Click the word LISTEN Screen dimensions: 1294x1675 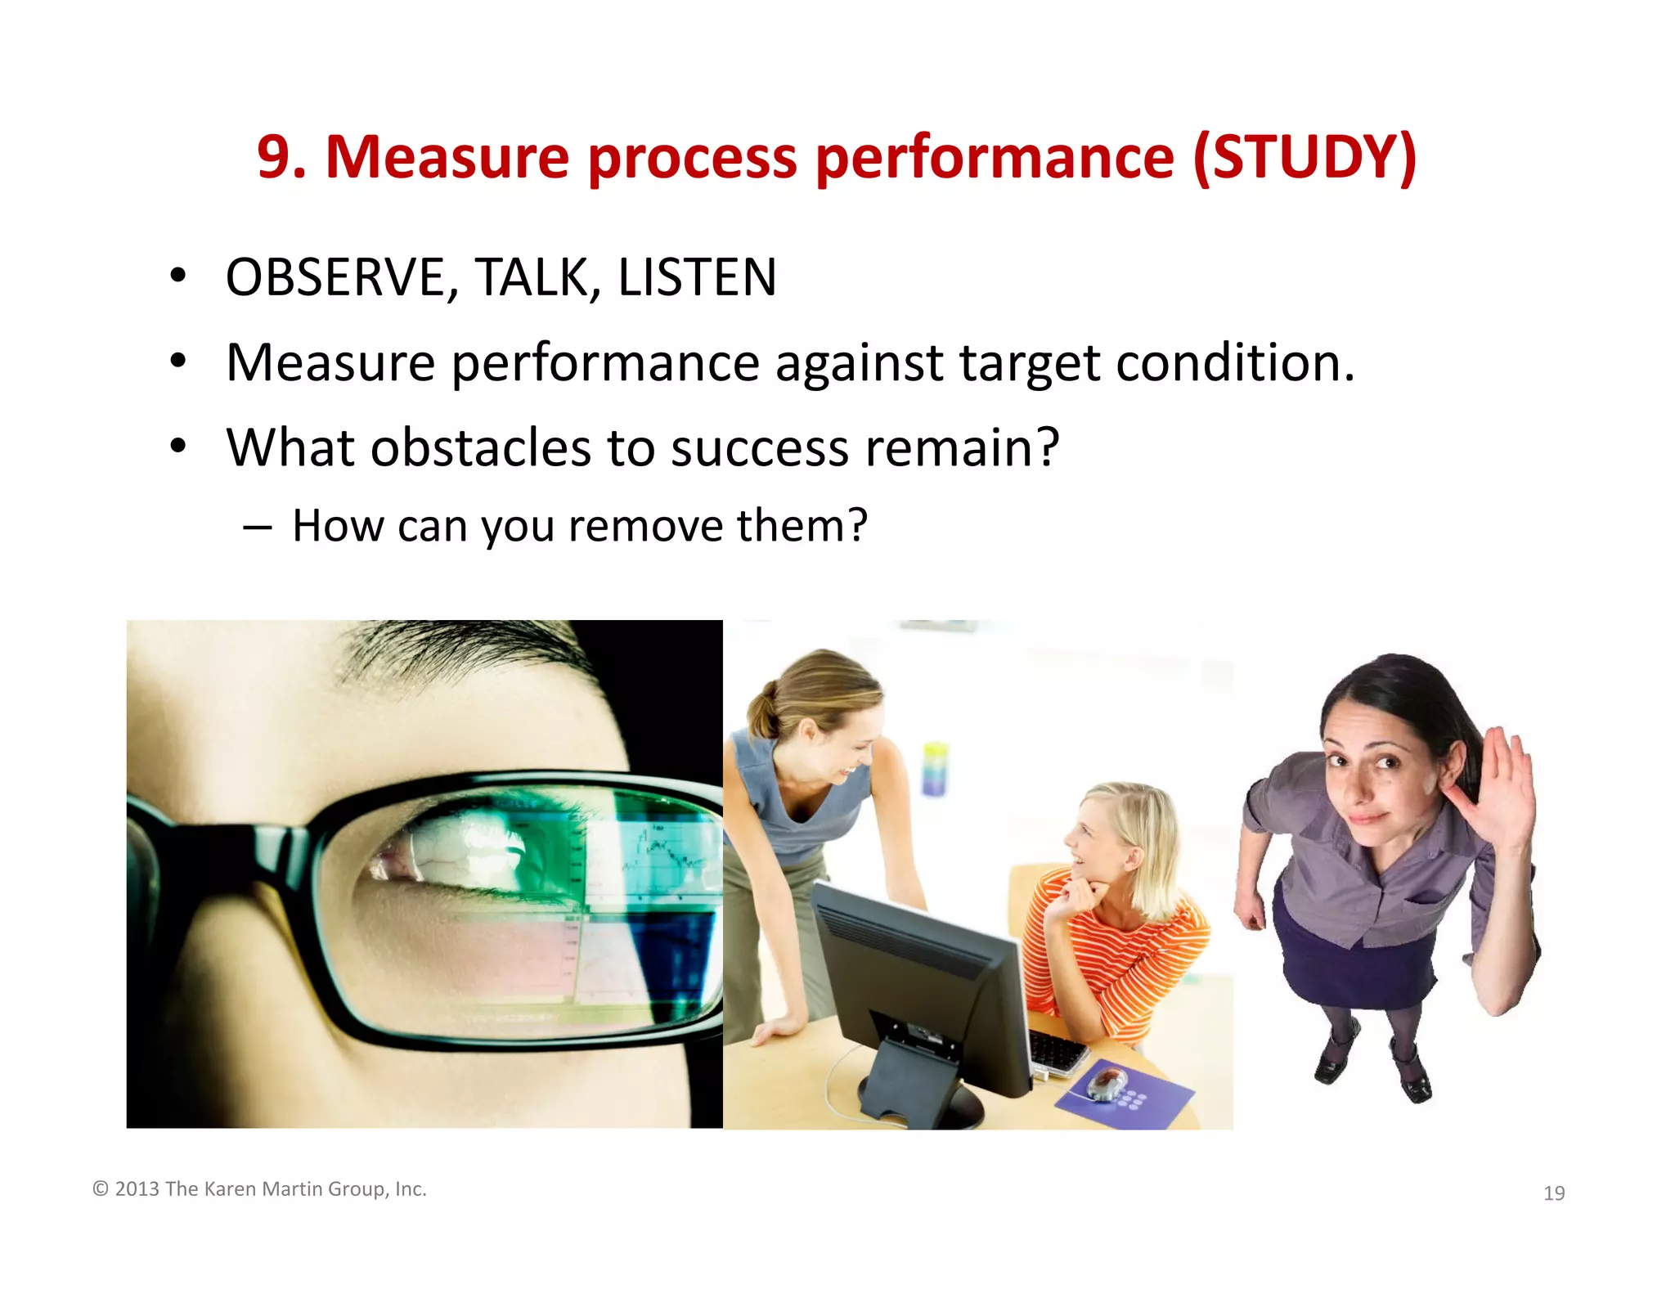tap(696, 277)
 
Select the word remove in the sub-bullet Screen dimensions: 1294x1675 tap(644, 525)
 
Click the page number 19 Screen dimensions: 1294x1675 tap(1553, 1193)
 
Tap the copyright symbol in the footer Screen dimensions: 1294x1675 tap(101, 1188)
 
